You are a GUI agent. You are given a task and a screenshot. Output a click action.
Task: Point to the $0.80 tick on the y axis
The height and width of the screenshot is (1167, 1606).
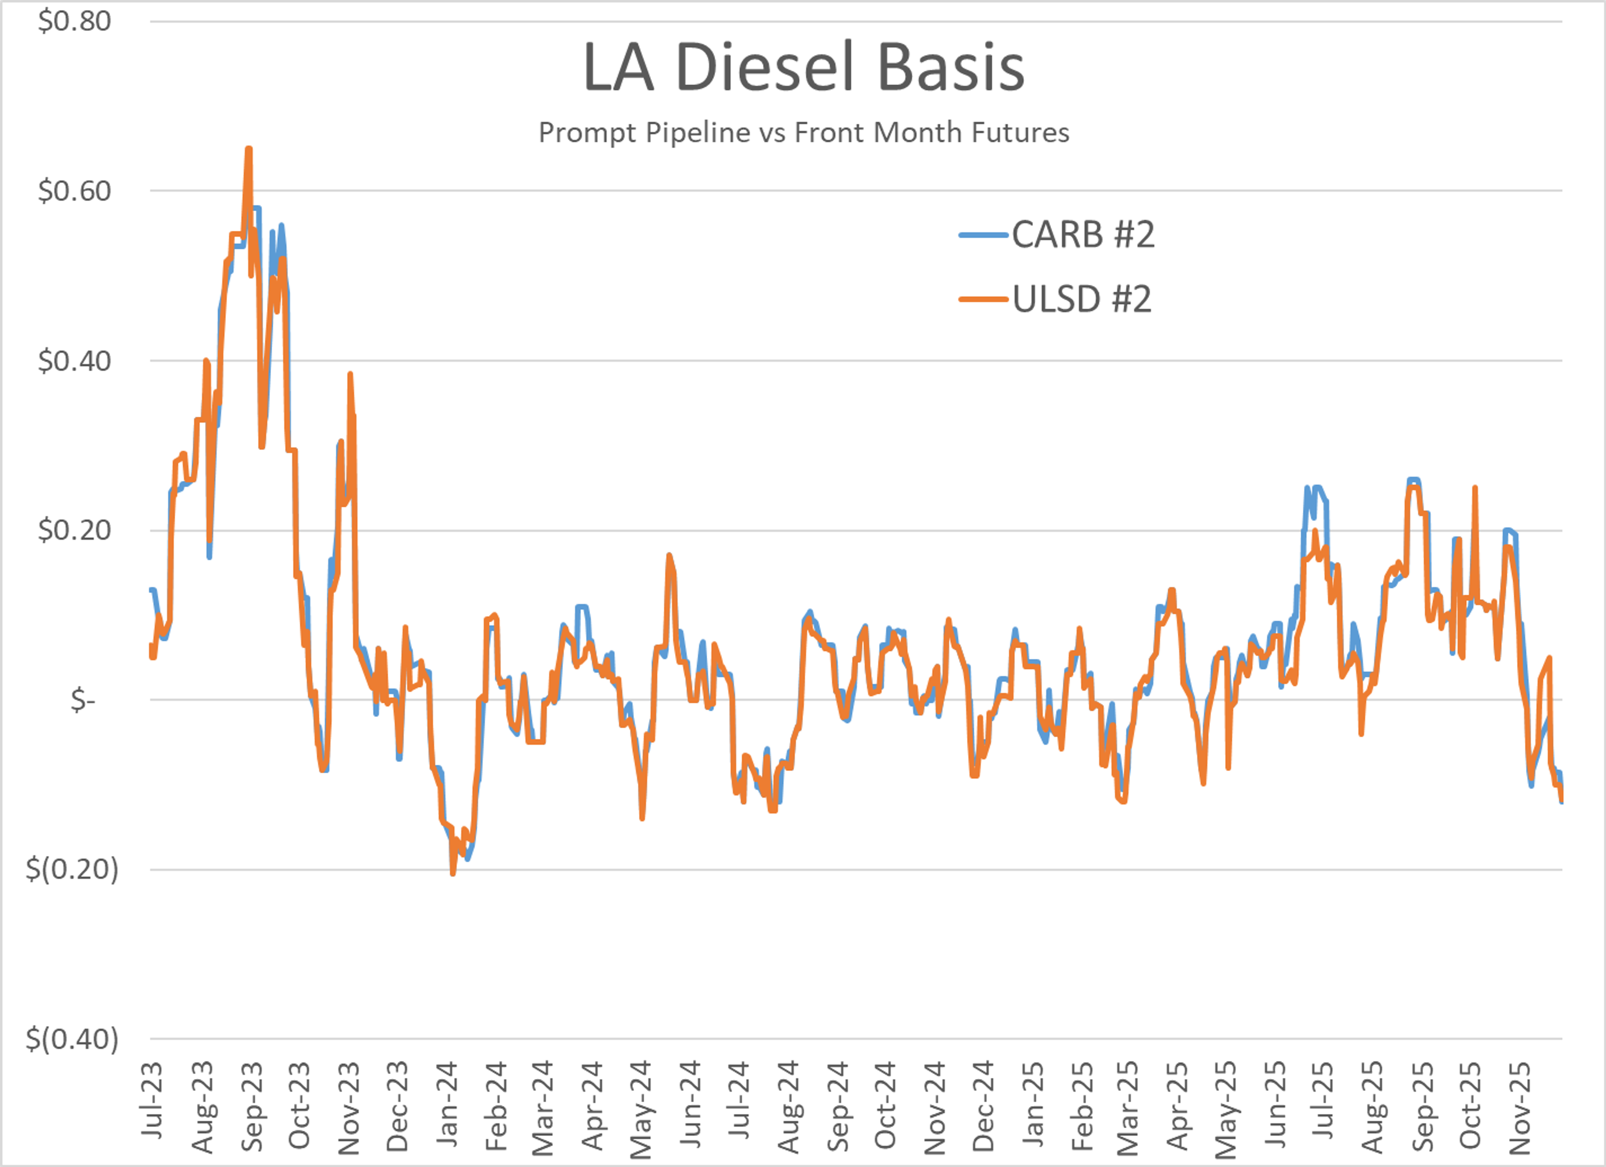tap(74, 21)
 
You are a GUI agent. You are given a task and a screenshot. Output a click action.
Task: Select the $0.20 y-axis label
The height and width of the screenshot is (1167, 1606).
tap(74, 530)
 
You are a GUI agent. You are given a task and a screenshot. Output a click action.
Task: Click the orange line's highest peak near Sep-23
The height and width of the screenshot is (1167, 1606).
tap(248, 149)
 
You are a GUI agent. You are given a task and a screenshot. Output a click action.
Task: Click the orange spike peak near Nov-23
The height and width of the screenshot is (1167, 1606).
tap(350, 375)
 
